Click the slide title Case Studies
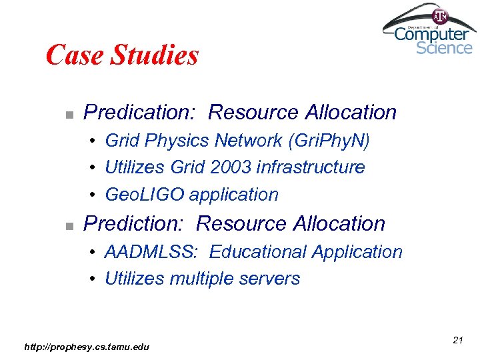[122, 55]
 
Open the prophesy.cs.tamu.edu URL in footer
[87, 346]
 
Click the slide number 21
[457, 340]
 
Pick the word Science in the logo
[443, 48]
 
